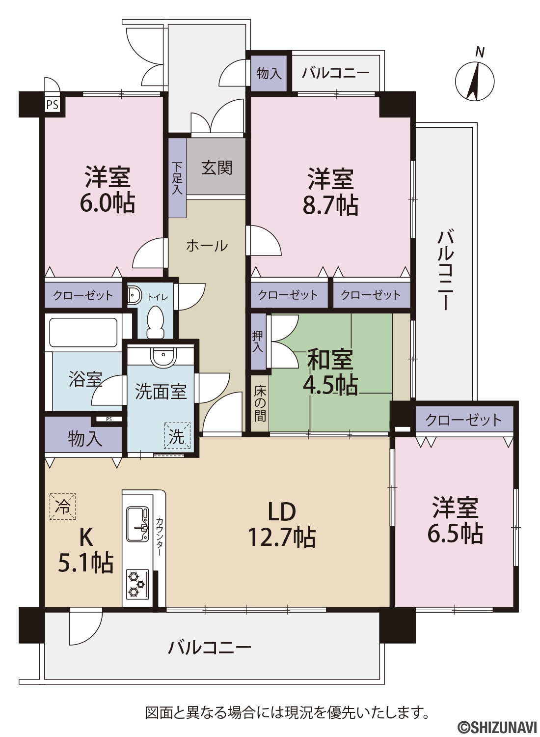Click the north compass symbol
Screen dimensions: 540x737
tap(475, 80)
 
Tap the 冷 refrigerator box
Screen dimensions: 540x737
tap(63, 507)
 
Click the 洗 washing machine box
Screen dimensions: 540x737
tap(178, 436)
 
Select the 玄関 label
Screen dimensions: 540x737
tap(217, 168)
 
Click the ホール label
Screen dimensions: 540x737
tap(207, 246)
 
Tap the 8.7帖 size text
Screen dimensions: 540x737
tap(330, 206)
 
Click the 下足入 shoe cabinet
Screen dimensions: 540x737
tap(178, 178)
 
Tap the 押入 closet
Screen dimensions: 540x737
tap(259, 341)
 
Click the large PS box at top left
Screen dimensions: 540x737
tap(53, 105)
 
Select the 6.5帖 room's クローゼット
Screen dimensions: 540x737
tap(464, 420)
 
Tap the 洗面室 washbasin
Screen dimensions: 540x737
tap(163, 356)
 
